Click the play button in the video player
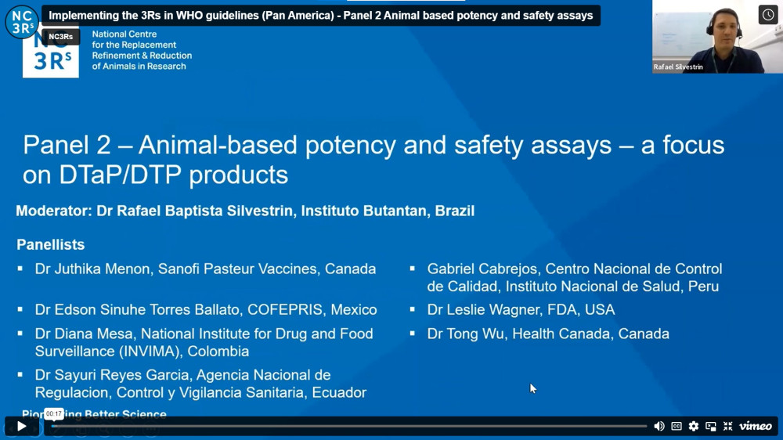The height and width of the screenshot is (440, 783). (x=21, y=426)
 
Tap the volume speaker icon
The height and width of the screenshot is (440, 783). (x=659, y=426)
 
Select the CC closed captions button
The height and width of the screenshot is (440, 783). (x=677, y=426)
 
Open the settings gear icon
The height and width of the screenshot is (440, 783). (x=694, y=426)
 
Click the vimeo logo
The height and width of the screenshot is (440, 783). (x=756, y=426)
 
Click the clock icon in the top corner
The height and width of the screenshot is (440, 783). (x=768, y=15)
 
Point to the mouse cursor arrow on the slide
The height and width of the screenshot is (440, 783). (x=532, y=388)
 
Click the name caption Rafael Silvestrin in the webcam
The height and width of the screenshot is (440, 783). (x=678, y=67)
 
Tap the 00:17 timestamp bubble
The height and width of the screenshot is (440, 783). (x=54, y=413)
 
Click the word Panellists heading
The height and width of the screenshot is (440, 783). (x=50, y=244)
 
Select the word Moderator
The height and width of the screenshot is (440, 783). (x=54, y=211)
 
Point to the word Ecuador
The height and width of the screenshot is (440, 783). (x=339, y=392)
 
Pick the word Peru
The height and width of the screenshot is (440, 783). (x=704, y=287)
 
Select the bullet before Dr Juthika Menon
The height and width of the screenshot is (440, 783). (x=20, y=269)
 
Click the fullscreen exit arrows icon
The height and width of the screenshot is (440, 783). (x=727, y=426)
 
